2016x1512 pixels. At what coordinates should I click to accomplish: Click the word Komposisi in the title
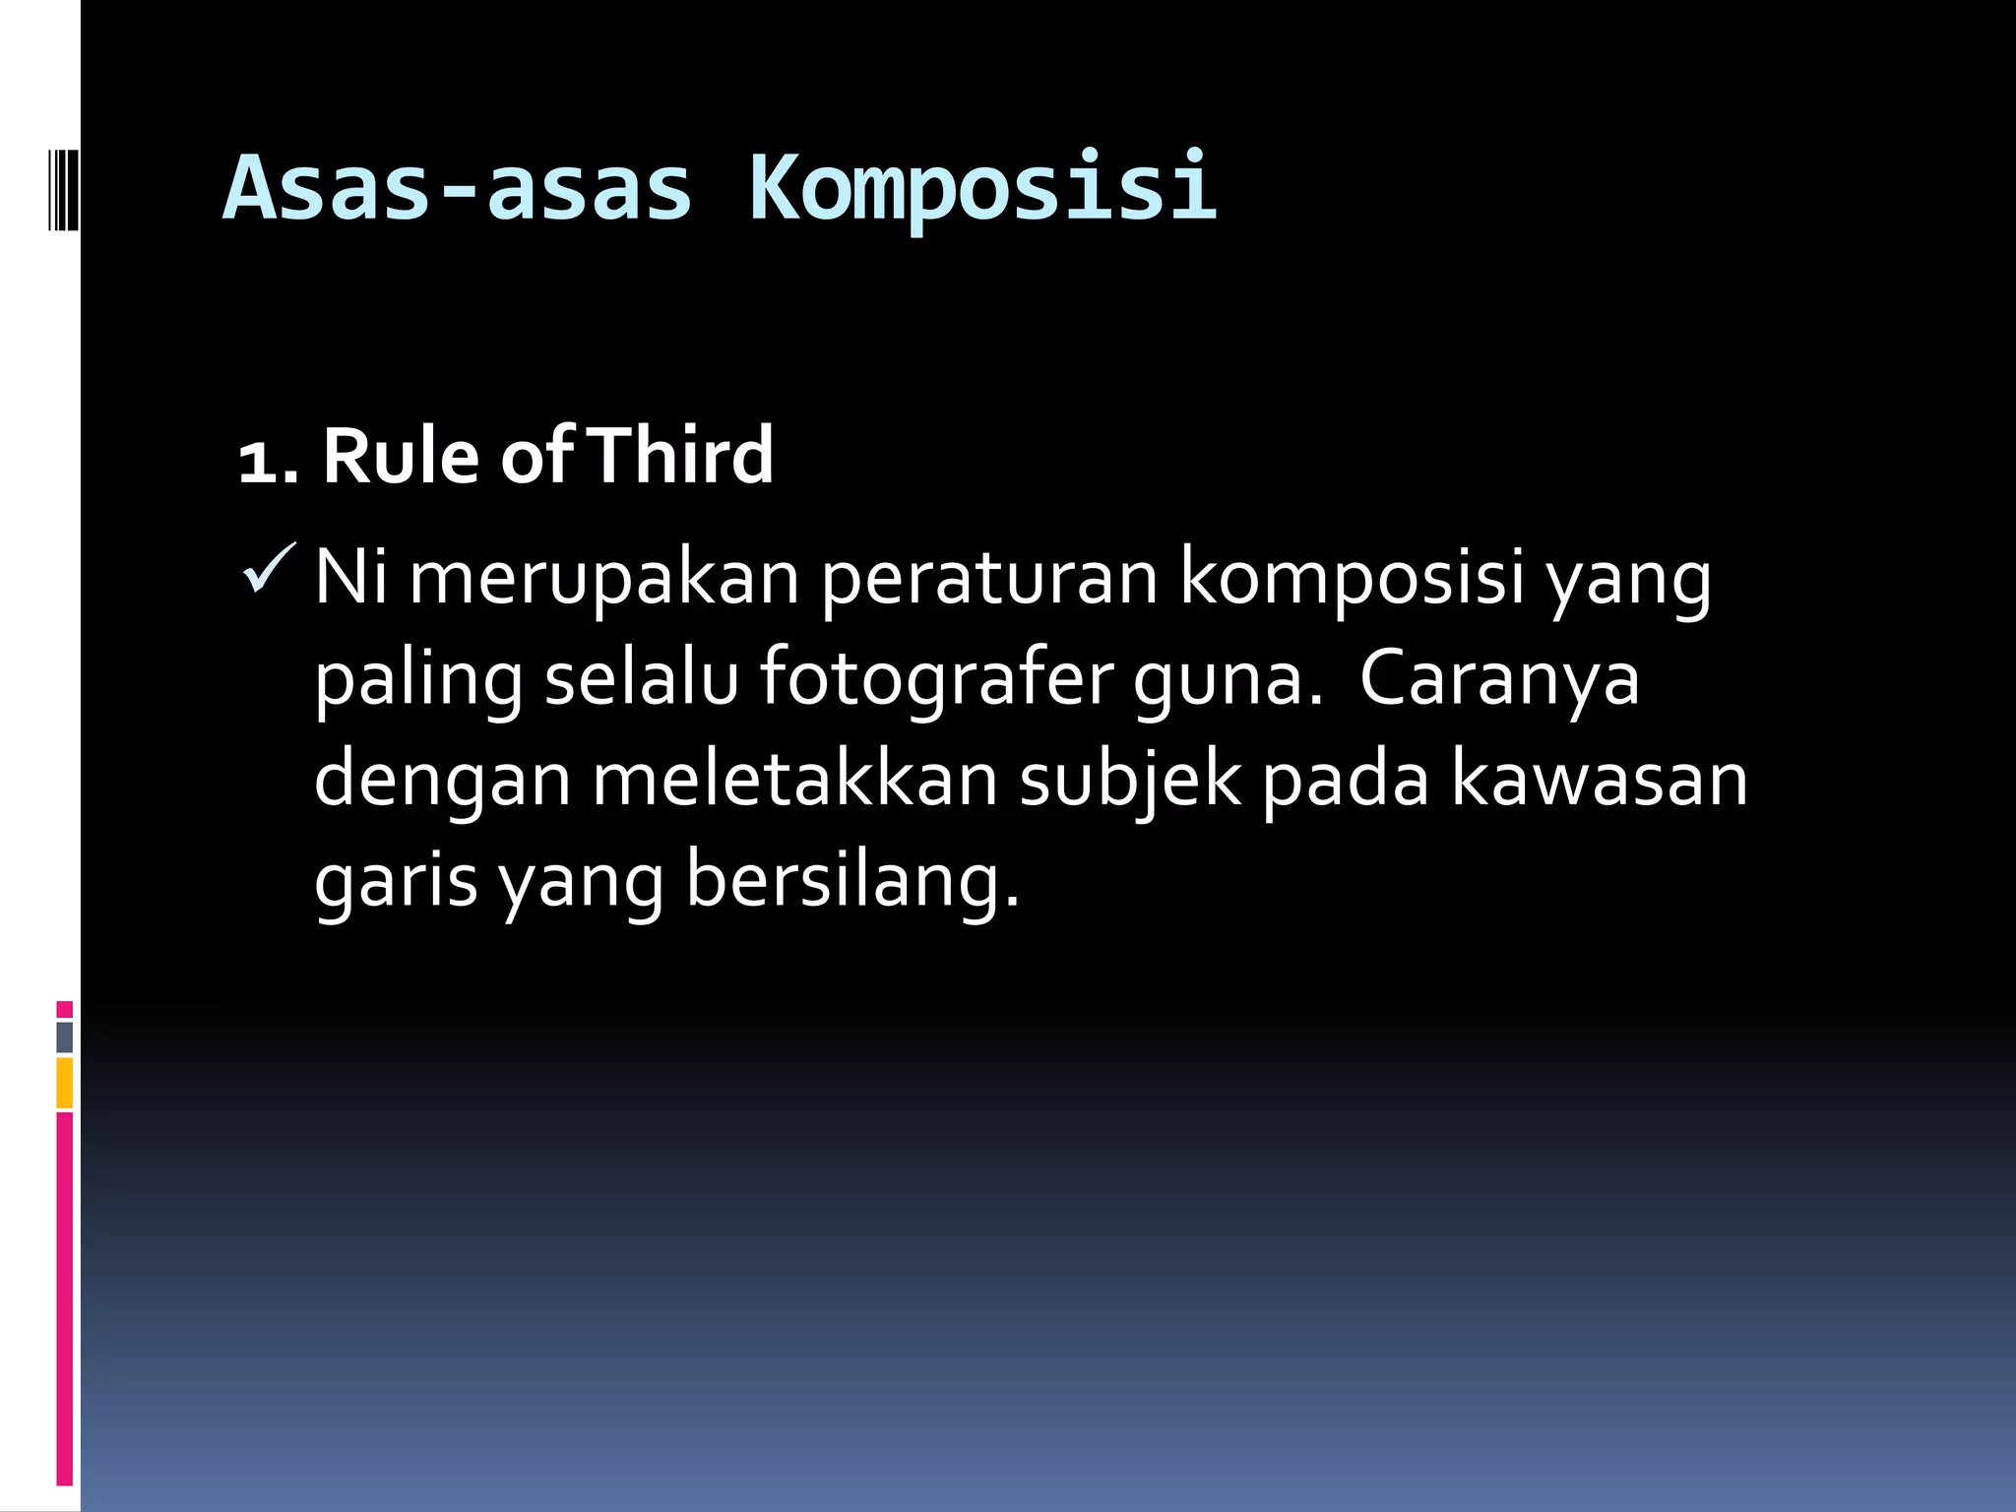click(x=982, y=187)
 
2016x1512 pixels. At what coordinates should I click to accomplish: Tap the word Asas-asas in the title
click(x=458, y=187)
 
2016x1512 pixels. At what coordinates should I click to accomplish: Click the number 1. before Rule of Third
click(x=268, y=459)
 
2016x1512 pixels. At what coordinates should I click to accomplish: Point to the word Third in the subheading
click(x=682, y=456)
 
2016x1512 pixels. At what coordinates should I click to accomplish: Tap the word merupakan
click(x=603, y=580)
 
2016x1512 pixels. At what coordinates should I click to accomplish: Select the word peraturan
click(x=989, y=580)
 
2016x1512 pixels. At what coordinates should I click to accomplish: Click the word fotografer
click(x=936, y=680)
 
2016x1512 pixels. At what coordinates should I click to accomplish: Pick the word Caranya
click(x=1499, y=680)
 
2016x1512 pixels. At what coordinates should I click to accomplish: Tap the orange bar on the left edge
click(x=65, y=1082)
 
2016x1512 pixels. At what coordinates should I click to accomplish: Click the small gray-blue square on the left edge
click(x=65, y=1037)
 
